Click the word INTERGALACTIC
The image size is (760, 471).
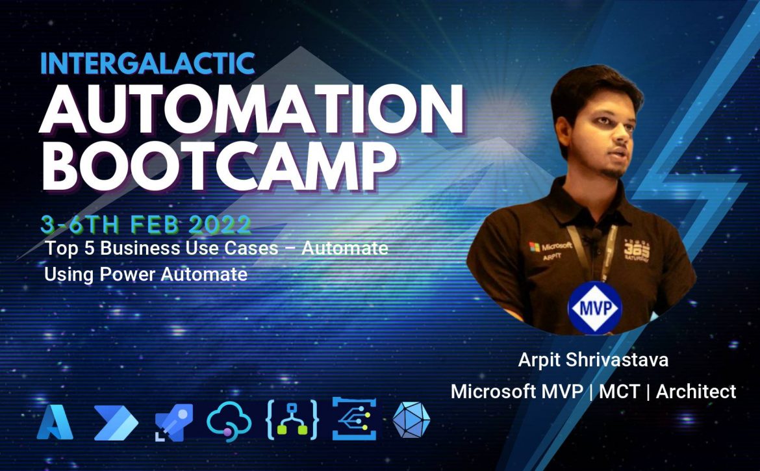tap(148, 63)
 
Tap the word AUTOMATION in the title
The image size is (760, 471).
tap(251, 110)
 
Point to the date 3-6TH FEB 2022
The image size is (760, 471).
tap(146, 224)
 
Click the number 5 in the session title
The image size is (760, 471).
tap(89, 248)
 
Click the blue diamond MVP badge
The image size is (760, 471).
tap(595, 308)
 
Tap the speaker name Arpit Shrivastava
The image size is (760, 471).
tap(593, 359)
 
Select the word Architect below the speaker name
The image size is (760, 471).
tap(696, 392)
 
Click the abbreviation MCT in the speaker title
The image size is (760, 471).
tap(620, 392)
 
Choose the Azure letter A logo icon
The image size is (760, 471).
tap(55, 422)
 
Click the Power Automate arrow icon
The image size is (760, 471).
tap(116, 422)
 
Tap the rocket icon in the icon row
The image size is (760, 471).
tap(174, 422)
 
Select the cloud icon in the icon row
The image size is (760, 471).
tap(229, 422)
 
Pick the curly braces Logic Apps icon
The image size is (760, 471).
tap(292, 420)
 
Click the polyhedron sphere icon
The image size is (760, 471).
tap(411, 420)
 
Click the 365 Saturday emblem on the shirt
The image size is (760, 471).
tap(637, 249)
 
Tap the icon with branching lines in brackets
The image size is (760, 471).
tap(354, 418)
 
